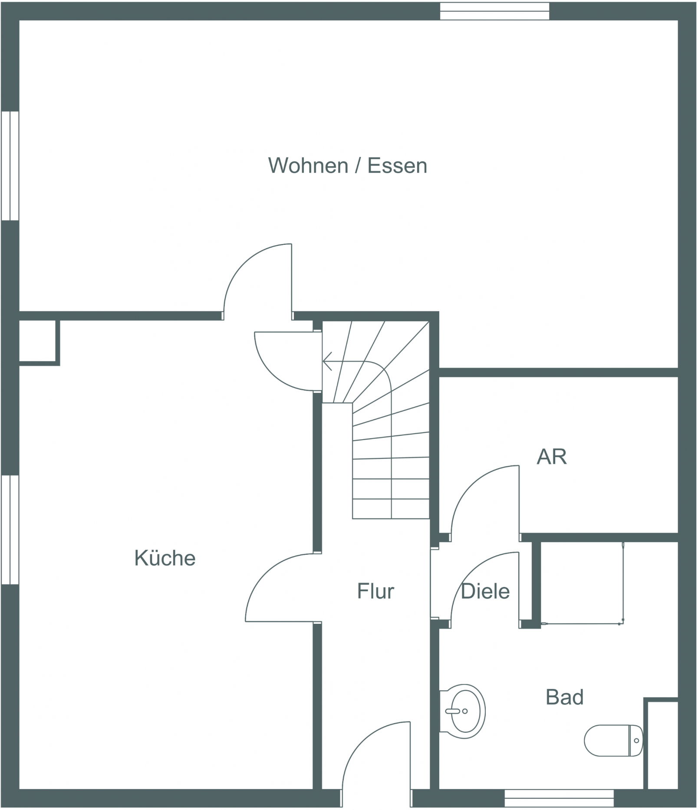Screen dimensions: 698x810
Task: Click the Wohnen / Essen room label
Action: pyautogui.click(x=348, y=166)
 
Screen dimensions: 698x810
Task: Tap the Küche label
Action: pyautogui.click(x=165, y=558)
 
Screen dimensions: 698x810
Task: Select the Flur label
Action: pyautogui.click(x=375, y=591)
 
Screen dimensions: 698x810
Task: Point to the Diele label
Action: pyautogui.click(x=485, y=591)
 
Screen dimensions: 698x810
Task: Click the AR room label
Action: pyautogui.click(x=552, y=457)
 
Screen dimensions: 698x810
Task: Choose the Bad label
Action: pyautogui.click(x=564, y=698)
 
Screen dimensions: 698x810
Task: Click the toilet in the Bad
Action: pyautogui.click(x=613, y=741)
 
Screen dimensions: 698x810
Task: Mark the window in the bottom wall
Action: pyautogui.click(x=559, y=798)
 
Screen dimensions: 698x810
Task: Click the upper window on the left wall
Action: pyautogui.click(x=10, y=166)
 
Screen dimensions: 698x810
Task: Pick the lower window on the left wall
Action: pyautogui.click(x=10, y=530)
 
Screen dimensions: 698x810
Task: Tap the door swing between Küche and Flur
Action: pyautogui.click(x=265, y=573)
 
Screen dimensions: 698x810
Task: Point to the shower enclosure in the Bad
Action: pyautogui.click(x=582, y=583)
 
